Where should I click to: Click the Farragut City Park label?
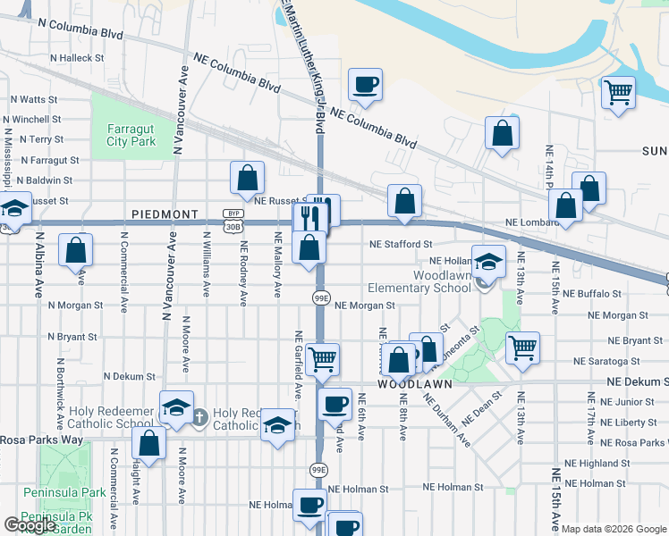coord(131,134)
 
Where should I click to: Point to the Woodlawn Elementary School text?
coord(419,281)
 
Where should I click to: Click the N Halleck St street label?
coord(77,57)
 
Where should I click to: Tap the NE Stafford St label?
coord(402,243)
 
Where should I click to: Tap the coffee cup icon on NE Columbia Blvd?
coord(365,85)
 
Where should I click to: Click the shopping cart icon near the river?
coord(618,90)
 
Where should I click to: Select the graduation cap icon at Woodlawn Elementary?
coord(488,261)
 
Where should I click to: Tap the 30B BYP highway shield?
coord(233,220)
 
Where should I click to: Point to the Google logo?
coord(29,525)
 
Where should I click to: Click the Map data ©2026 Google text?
coord(614,529)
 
